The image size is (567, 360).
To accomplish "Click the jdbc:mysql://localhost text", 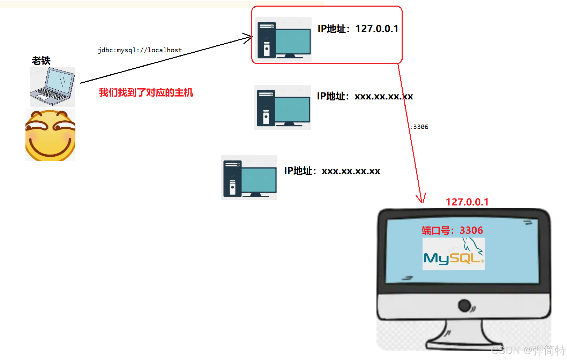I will point(140,50).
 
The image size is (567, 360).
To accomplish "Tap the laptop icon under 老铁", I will point(52,87).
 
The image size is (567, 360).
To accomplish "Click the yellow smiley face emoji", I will point(50,135).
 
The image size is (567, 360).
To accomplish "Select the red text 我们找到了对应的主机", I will point(146,92).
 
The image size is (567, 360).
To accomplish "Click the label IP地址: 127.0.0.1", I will point(358,29).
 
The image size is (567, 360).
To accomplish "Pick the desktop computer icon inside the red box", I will point(283,39).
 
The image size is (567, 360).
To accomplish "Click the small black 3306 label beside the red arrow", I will point(420,127).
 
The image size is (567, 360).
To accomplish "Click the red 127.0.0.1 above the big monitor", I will point(467,202).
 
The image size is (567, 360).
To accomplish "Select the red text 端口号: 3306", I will point(452,230).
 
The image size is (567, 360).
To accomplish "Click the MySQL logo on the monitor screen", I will point(453,254).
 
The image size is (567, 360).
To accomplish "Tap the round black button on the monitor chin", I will point(464,306).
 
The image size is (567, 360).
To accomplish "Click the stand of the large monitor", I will point(464,335).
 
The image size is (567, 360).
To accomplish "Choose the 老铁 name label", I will point(41,61).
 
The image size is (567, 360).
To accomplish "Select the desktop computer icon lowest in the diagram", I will point(249,178).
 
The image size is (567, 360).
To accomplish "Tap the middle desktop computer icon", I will point(283,107).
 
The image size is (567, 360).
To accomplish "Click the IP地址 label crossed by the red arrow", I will point(365,96).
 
